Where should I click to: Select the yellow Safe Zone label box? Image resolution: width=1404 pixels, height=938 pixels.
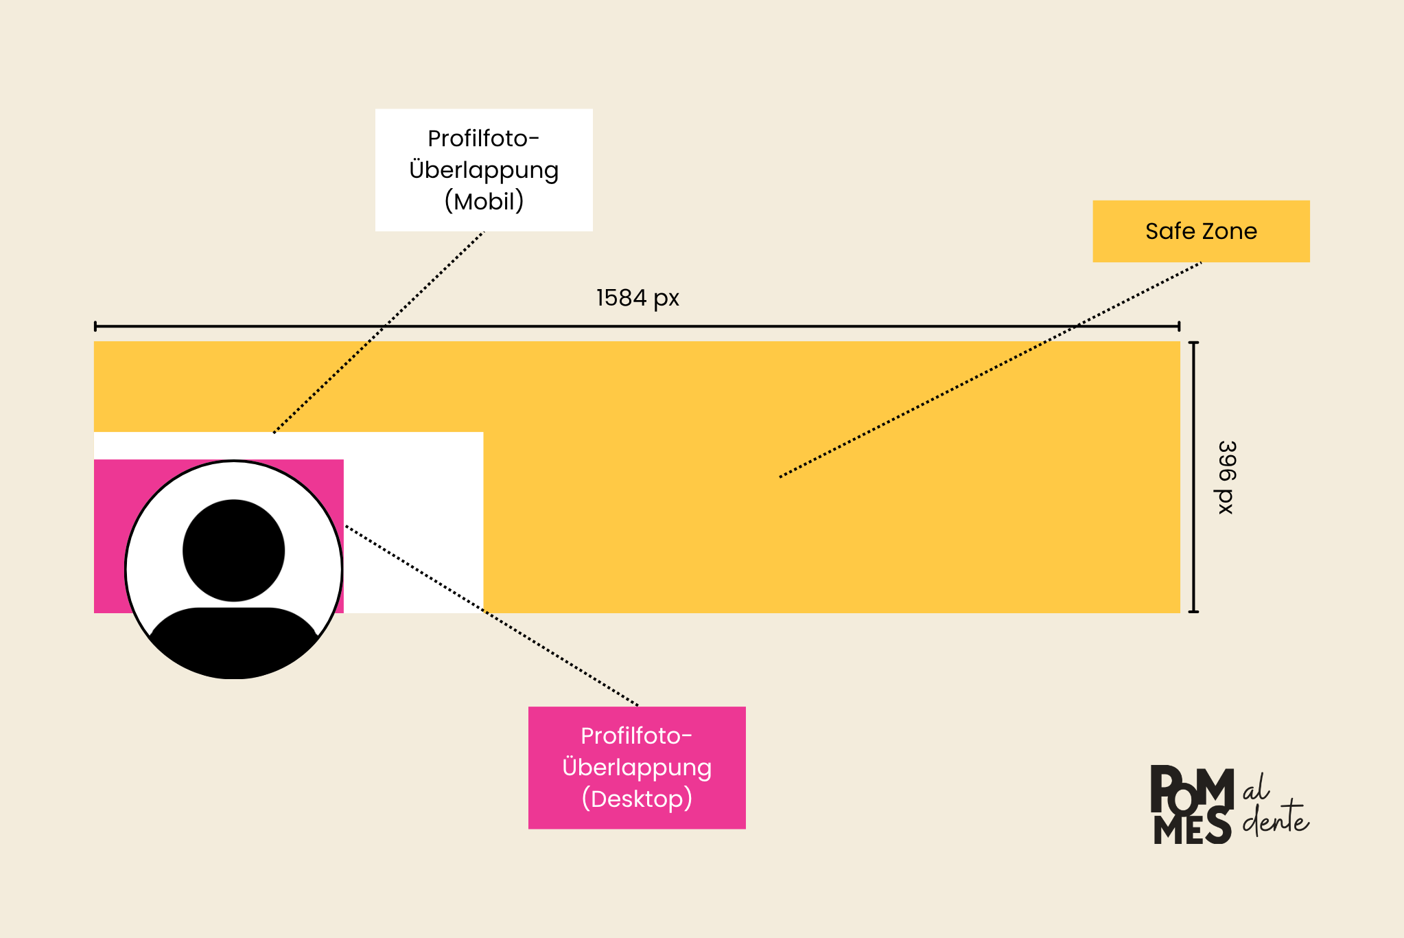(1201, 231)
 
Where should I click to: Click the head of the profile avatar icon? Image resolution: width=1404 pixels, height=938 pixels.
(234, 550)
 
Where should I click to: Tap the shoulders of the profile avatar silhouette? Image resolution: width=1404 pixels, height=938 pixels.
(233, 643)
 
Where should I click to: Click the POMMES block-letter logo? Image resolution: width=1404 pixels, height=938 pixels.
(1192, 804)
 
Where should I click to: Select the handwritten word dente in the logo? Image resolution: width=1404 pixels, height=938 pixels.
(1276, 817)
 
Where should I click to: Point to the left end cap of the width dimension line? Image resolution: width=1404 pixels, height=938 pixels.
(95, 326)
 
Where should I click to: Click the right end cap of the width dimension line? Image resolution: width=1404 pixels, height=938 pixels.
(1179, 326)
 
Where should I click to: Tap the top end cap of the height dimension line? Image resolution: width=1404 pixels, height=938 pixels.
(1194, 343)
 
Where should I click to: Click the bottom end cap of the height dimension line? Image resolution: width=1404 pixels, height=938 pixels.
(1194, 610)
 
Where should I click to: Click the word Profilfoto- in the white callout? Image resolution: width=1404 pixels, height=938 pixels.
(484, 139)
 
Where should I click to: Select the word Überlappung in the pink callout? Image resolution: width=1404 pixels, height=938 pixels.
(637, 766)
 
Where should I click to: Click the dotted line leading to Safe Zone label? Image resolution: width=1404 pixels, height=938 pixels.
(990, 369)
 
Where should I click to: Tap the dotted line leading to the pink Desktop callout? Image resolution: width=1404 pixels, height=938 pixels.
(491, 615)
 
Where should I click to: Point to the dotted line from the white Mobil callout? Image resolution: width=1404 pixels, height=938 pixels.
(379, 332)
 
